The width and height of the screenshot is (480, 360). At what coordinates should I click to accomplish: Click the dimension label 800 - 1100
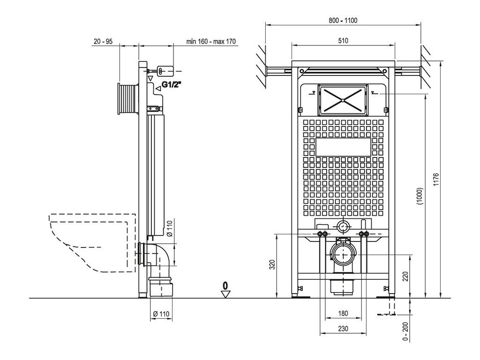343,21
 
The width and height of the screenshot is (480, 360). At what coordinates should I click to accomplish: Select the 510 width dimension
343,41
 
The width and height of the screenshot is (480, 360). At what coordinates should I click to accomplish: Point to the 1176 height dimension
436,180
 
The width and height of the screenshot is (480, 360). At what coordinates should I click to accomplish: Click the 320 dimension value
272,264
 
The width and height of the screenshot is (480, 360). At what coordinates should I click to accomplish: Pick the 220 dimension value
405,277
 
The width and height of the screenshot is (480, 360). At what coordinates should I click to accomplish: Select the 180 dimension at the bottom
343,314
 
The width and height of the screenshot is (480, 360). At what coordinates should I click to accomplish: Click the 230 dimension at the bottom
343,329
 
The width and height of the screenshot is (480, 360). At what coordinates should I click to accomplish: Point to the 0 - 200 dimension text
405,331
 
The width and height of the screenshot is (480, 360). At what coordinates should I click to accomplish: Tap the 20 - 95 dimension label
103,41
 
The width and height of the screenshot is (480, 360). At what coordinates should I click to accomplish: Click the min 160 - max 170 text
211,41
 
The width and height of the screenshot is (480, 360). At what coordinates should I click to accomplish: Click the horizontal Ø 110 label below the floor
161,314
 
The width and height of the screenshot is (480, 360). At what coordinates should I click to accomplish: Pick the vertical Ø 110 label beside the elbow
170,228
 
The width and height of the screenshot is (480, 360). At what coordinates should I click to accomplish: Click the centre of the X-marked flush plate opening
343,100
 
